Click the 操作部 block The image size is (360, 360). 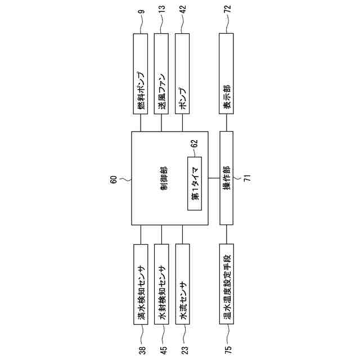pos(226,178)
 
